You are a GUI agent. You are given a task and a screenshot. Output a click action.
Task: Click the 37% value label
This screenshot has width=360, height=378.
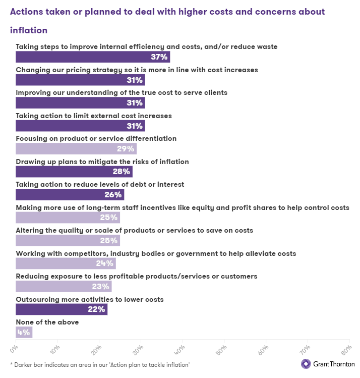pyautogui.click(x=159, y=57)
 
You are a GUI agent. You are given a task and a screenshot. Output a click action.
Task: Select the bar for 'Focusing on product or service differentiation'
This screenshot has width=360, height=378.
pyautogui.click(x=76, y=148)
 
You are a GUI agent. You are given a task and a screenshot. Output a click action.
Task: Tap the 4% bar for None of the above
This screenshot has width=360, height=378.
pyautogui.click(x=24, y=332)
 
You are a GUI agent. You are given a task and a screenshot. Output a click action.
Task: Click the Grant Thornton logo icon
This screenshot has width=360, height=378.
pyautogui.click(x=306, y=364)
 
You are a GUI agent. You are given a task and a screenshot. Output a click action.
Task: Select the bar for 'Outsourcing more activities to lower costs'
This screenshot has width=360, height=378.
pyautogui.click(x=62, y=309)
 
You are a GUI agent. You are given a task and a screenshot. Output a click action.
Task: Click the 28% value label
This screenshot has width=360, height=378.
pyautogui.click(x=122, y=172)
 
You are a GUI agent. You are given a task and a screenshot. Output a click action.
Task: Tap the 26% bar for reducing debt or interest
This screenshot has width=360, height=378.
pyautogui.click(x=70, y=194)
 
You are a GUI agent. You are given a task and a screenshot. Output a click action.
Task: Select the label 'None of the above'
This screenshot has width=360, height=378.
pyautogui.click(x=47, y=322)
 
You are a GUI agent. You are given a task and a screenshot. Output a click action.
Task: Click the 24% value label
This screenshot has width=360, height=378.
pyautogui.click(x=105, y=263)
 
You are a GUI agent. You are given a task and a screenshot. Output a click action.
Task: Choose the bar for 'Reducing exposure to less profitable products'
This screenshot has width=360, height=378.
pyautogui.click(x=64, y=286)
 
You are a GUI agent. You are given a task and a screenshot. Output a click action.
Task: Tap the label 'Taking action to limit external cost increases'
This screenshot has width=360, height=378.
pyautogui.click(x=94, y=116)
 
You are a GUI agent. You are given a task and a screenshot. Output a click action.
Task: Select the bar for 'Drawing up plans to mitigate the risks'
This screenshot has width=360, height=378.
pyautogui.click(x=74, y=172)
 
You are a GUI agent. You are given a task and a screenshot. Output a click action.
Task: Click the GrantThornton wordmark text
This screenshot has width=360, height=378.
pyautogui.click(x=334, y=364)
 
